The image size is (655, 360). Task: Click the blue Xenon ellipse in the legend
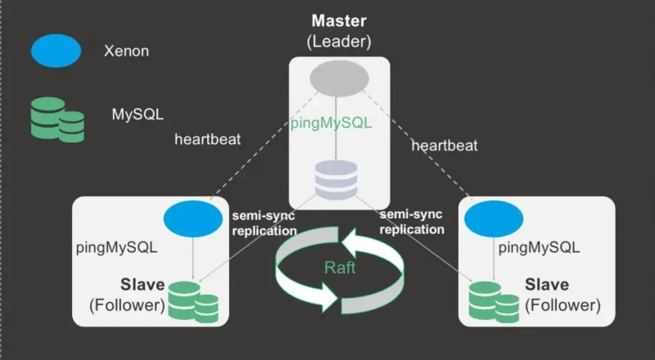[x=56, y=51]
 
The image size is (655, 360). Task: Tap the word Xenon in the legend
[x=126, y=51]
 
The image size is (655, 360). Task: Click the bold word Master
[x=338, y=21]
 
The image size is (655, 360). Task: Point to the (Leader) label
[x=338, y=40]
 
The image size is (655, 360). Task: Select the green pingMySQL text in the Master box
[x=331, y=124]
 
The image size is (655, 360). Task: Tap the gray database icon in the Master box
[x=337, y=178]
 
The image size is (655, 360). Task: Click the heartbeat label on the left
[x=207, y=138]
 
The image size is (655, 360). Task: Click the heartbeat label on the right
[x=445, y=146]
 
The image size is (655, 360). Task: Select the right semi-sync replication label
[x=412, y=222]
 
